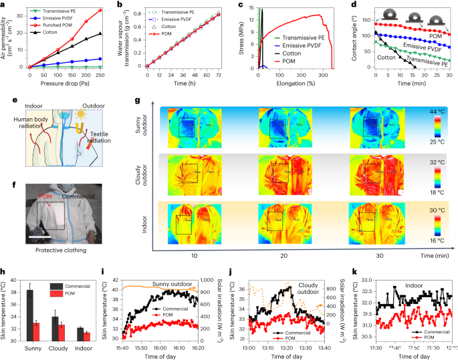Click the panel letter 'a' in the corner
(x=4, y=5)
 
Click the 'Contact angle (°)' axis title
(x=355, y=37)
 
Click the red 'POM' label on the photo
(x=44, y=197)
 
